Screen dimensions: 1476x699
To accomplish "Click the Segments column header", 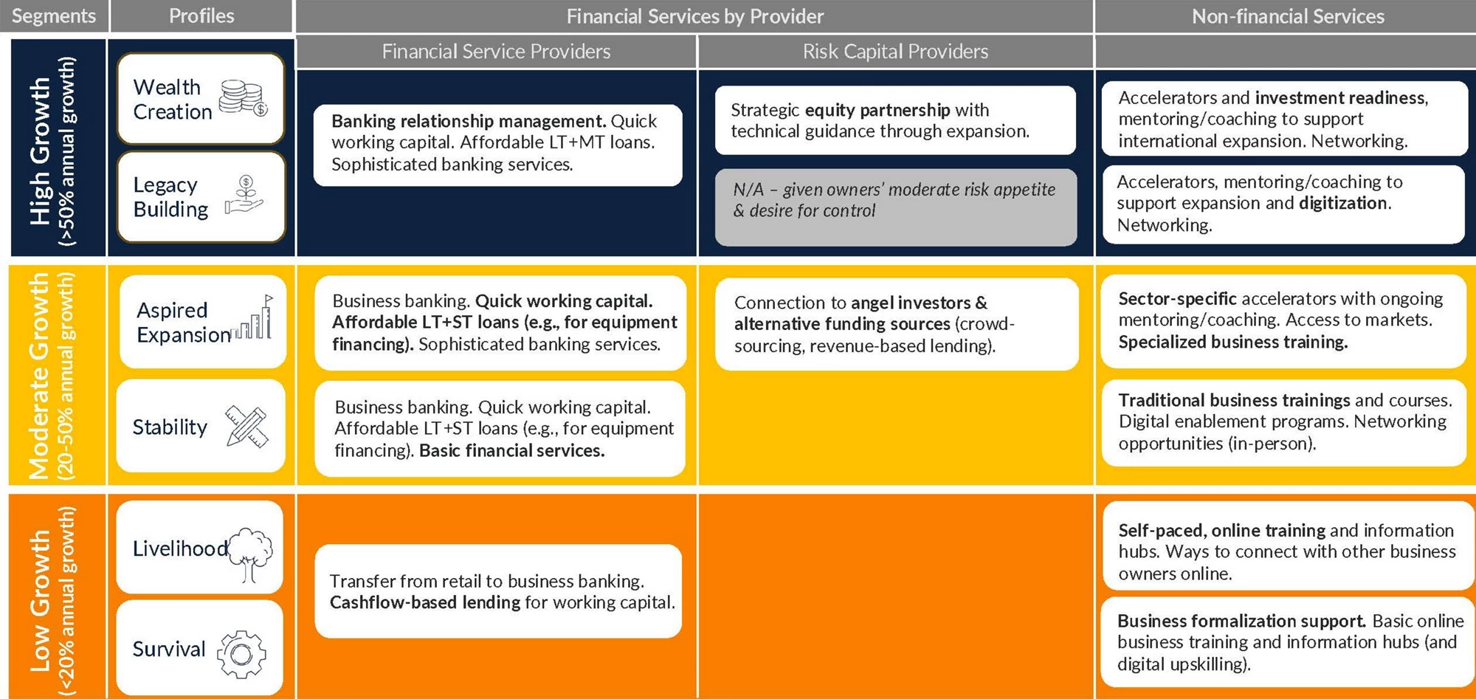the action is coord(54,16).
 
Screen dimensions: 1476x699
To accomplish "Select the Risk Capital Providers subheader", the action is coord(895,52).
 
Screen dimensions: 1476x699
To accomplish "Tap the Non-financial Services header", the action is coord(1288,16).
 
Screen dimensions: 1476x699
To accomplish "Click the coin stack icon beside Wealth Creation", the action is coord(244,99).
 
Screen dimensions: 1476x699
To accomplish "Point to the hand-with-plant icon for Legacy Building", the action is coord(244,195).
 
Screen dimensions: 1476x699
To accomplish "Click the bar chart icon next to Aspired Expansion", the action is coord(254,318).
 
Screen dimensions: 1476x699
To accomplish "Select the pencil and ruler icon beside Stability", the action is coord(246,427).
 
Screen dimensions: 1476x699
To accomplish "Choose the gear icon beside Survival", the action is coord(241,654).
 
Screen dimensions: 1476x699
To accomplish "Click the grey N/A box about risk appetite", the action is coord(895,207).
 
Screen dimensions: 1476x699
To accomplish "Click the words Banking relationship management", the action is coord(469,121).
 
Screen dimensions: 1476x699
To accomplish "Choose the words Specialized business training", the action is coord(1233,342).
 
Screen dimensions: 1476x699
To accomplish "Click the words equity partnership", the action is coord(877,110).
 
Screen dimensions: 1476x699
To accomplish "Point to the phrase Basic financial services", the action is coord(512,450).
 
